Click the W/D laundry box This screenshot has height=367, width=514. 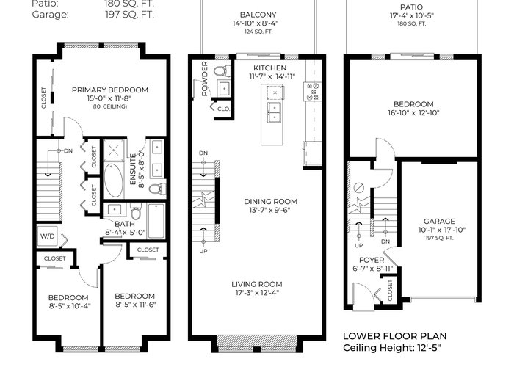(x=48, y=236)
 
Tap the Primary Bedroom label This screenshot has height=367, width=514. (x=110, y=90)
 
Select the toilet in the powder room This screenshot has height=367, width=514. (x=222, y=70)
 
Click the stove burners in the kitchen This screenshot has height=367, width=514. (x=312, y=92)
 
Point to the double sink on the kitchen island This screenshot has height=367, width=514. (x=274, y=112)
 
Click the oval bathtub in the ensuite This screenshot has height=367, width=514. (x=113, y=181)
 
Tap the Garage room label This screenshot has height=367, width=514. (x=439, y=221)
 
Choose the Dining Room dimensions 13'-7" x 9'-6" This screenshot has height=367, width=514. (x=269, y=210)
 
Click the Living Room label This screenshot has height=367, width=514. (x=257, y=284)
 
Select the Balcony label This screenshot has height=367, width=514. (x=258, y=15)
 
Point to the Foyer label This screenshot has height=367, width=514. (x=372, y=260)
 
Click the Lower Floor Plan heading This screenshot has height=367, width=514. (x=395, y=336)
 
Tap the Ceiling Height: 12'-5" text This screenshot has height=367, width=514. (x=392, y=348)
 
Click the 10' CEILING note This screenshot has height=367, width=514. (x=110, y=106)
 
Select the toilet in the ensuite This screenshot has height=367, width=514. (x=157, y=189)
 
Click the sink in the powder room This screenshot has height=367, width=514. (x=224, y=88)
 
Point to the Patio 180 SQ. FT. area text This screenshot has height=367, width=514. (x=412, y=23)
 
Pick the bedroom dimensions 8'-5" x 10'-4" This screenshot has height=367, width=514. (x=69, y=306)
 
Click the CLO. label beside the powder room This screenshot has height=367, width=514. (x=223, y=109)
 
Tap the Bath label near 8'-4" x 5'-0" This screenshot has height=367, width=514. (x=125, y=224)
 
